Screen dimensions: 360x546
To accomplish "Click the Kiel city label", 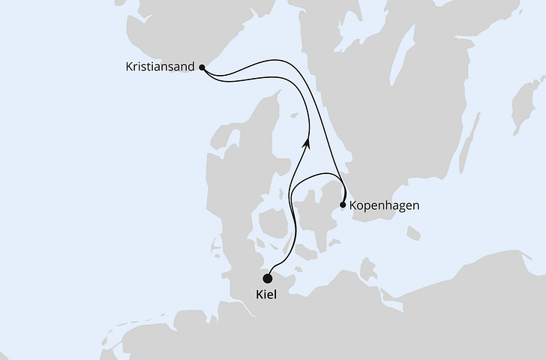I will coord(265,295).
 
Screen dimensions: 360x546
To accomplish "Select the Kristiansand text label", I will coord(160,67).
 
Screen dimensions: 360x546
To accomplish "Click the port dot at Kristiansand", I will coord(202,67).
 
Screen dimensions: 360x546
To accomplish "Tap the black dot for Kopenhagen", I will coord(343,204).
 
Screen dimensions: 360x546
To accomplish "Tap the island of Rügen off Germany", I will coord(367,268).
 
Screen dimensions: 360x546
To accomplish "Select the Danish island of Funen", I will coord(271,223).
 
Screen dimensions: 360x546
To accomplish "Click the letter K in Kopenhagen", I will coord(353,204).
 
